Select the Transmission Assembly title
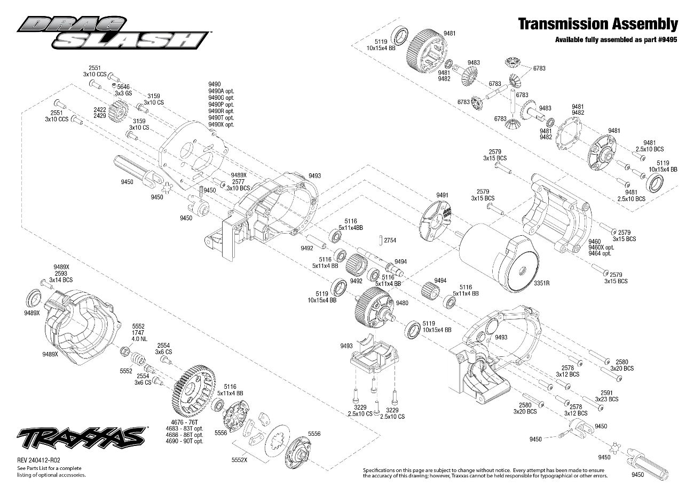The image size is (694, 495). [x=598, y=25]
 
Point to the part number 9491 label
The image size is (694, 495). [x=442, y=196]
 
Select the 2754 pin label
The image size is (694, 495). [x=390, y=240]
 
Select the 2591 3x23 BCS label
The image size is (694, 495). [x=607, y=396]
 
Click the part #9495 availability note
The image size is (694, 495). [x=617, y=40]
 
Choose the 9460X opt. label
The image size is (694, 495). [x=601, y=248]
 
